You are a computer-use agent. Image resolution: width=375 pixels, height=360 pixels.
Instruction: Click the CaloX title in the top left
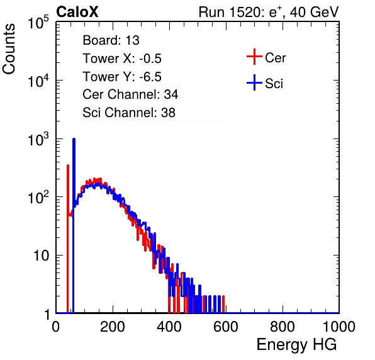point(77,12)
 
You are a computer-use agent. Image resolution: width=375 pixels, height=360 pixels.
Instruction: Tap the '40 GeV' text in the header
point(314,12)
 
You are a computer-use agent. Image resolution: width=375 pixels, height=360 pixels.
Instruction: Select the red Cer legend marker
point(254,57)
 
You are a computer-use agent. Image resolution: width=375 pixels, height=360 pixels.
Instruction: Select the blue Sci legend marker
point(254,82)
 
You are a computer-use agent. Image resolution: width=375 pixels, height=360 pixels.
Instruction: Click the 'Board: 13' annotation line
point(111,40)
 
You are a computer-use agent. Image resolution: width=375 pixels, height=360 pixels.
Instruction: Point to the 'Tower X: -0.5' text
point(122,59)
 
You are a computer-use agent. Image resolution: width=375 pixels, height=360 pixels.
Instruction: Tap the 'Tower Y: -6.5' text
point(122,77)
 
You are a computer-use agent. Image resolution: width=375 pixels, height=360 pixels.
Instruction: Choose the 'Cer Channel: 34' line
point(130,94)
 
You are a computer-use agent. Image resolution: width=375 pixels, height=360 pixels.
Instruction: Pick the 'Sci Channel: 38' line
point(129,113)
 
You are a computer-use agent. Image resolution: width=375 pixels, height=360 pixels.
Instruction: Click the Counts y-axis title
point(9,49)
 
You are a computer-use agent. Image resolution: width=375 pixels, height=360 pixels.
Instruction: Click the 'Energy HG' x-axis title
point(297,345)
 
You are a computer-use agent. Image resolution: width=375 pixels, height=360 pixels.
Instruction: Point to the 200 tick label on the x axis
point(113,327)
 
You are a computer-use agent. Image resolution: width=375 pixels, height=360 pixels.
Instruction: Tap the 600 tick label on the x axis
point(226,327)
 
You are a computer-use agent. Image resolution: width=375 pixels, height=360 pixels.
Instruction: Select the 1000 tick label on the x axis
point(339,327)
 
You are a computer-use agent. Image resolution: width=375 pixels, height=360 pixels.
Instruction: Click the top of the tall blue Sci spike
point(74,138)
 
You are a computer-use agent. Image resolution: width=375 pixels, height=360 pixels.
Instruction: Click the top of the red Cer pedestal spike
point(68,165)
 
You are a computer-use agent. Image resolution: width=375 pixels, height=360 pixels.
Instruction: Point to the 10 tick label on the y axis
point(41,256)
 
